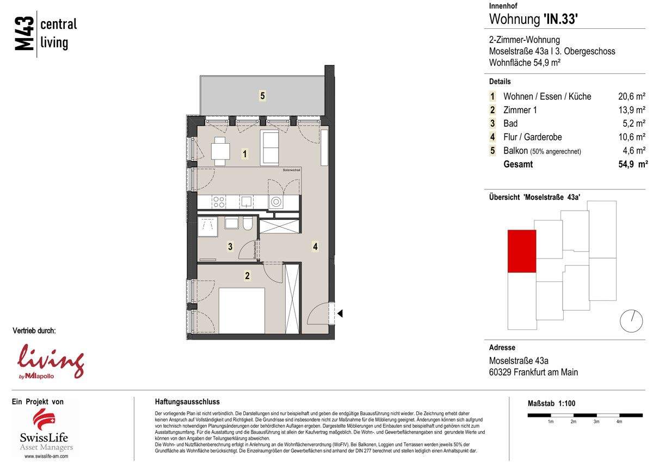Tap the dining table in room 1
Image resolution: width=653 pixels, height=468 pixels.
(220, 151)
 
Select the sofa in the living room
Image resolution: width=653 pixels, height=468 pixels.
(270, 147)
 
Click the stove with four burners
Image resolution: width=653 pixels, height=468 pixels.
(219, 202)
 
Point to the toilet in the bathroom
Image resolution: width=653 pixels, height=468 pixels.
(248, 224)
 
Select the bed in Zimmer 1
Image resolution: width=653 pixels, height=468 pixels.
(241, 310)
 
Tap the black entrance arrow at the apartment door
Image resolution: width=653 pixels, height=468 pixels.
(340, 313)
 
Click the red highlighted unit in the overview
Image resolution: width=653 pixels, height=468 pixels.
(521, 251)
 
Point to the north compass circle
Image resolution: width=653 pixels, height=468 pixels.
(631, 321)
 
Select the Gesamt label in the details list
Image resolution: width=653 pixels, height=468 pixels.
(518, 164)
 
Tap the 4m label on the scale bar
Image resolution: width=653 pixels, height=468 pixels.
(619, 422)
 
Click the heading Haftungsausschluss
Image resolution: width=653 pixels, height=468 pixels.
(187, 402)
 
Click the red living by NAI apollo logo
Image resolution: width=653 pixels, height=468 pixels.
(51, 360)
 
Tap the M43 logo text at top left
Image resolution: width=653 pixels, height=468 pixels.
(25, 34)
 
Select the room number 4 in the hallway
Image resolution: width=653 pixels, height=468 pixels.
(315, 247)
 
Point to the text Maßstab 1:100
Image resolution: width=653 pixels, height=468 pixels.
(551, 403)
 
